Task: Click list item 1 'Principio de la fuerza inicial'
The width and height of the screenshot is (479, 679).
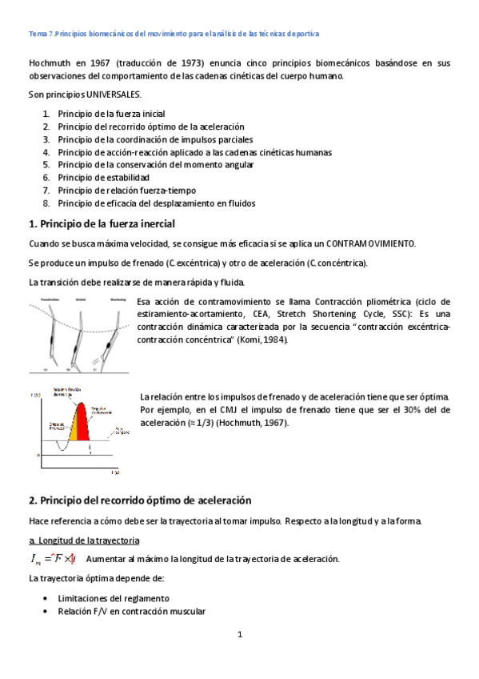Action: pyautogui.click(x=111, y=114)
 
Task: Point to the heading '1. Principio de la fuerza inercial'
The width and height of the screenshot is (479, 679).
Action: pyautogui.click(x=102, y=223)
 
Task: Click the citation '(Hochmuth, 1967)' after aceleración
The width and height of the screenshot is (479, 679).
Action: pyautogui.click(x=249, y=423)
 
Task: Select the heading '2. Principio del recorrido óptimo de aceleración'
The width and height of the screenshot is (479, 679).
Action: pyautogui.click(x=140, y=500)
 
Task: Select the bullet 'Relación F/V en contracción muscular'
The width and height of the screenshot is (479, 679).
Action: pyautogui.click(x=132, y=612)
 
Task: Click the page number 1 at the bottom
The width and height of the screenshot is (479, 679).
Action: pyautogui.click(x=240, y=635)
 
